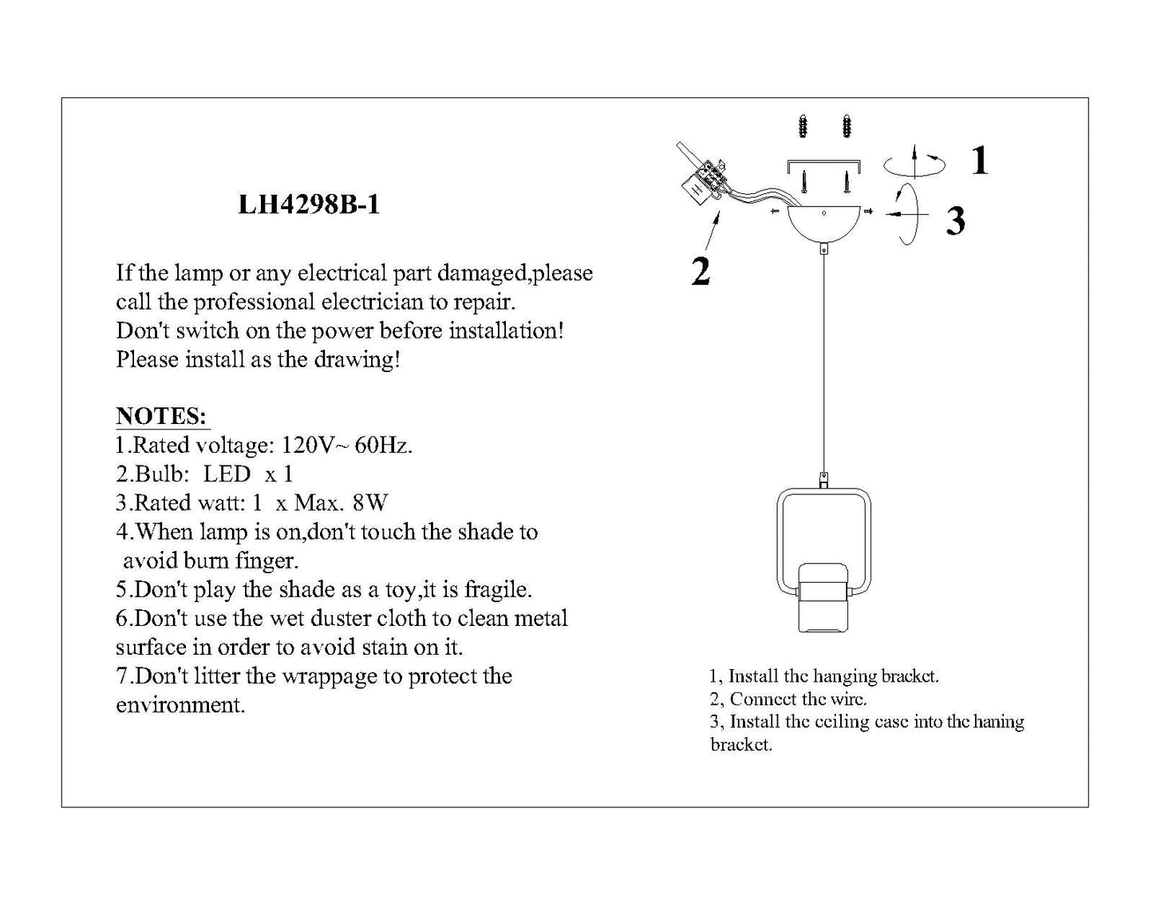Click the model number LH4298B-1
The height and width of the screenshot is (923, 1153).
pyautogui.click(x=309, y=204)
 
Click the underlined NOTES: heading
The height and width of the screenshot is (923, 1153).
pyautogui.click(x=162, y=416)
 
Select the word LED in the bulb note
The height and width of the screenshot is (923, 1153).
pyautogui.click(x=227, y=474)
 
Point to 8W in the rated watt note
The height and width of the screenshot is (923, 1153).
pyautogui.click(x=370, y=503)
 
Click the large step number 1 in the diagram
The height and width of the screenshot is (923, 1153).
pyautogui.click(x=980, y=160)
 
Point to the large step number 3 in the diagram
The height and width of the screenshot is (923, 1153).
pyautogui.click(x=955, y=221)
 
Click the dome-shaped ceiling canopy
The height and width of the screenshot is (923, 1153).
pyautogui.click(x=823, y=224)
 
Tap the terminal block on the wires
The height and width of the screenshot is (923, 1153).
pyautogui.click(x=703, y=180)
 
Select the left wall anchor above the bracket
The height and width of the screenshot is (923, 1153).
pyautogui.click(x=803, y=127)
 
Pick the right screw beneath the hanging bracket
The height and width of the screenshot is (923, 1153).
pyautogui.click(x=847, y=182)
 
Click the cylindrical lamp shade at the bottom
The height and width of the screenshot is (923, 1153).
pyautogui.click(x=823, y=597)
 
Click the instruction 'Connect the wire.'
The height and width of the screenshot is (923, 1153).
pyautogui.click(x=788, y=699)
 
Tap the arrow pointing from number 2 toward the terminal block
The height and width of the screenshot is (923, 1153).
pyautogui.click(x=712, y=231)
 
